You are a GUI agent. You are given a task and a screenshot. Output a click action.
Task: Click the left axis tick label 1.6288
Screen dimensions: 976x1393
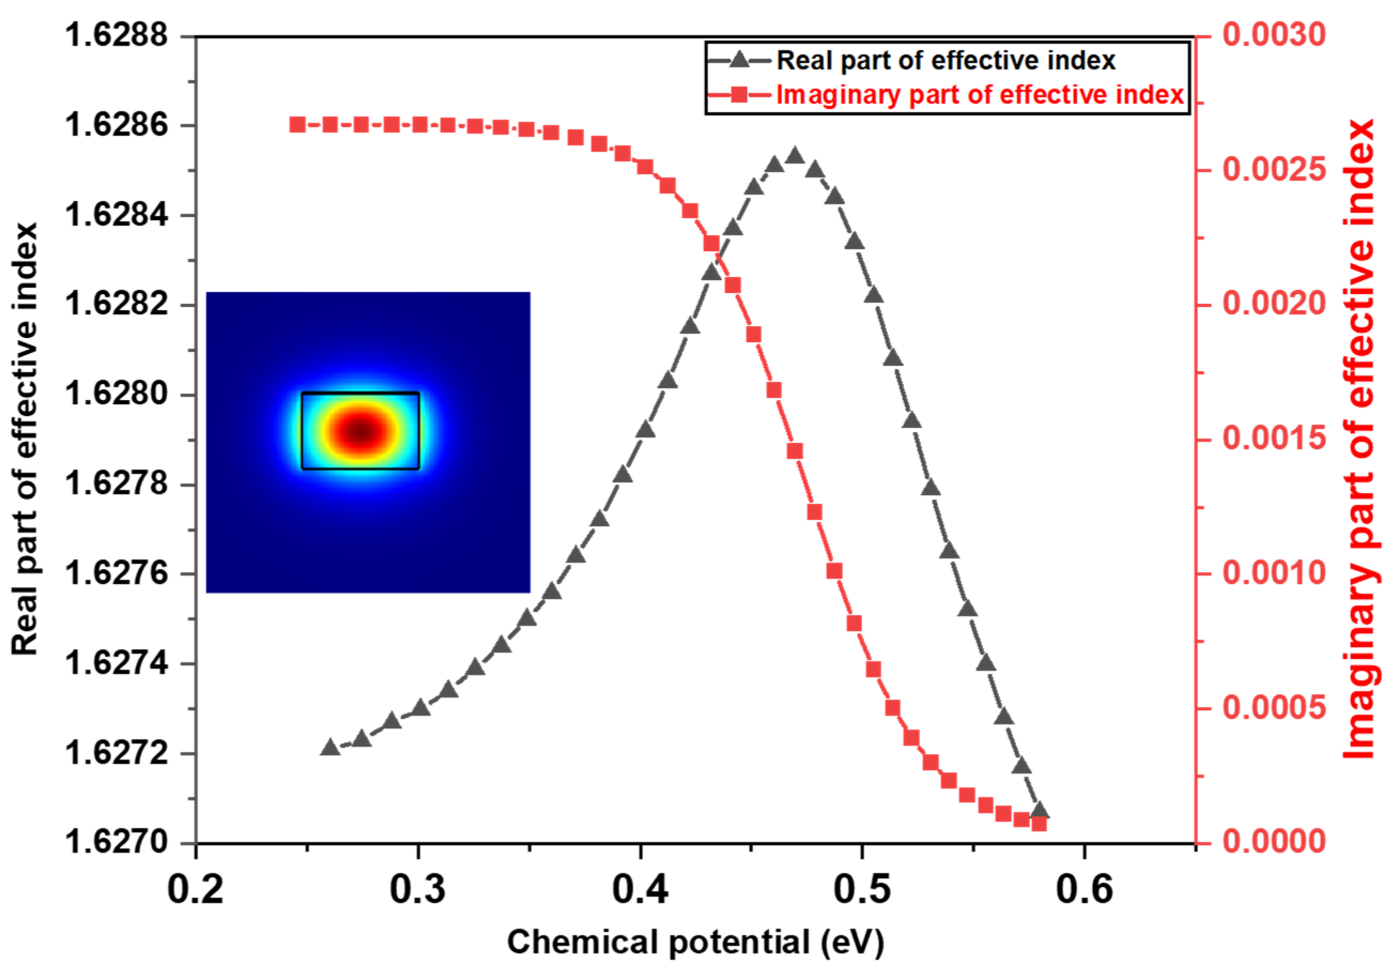click(x=116, y=35)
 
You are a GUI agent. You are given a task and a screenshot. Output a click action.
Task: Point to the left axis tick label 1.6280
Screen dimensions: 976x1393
click(x=116, y=394)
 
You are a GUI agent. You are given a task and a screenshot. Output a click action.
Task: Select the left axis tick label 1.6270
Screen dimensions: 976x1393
click(x=116, y=842)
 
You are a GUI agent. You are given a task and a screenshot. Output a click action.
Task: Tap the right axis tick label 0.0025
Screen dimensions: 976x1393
click(x=1273, y=170)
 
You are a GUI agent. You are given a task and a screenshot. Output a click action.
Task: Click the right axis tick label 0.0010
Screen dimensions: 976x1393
click(x=1273, y=573)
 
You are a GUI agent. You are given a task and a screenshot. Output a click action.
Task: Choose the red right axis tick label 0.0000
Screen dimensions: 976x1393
click(x=1273, y=842)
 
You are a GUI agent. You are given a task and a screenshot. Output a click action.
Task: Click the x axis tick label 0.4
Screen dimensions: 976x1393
click(x=639, y=890)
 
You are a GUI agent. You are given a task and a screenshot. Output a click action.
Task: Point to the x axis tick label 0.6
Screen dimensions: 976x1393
click(x=1084, y=890)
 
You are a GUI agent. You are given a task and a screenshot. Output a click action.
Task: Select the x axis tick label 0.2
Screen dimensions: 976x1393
click(x=195, y=890)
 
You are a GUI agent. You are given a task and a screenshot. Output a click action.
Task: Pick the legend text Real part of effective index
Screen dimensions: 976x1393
click(x=946, y=60)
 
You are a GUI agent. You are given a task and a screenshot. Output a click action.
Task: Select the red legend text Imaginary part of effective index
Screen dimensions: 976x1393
click(x=980, y=95)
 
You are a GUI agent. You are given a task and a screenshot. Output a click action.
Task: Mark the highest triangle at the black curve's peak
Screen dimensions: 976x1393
click(x=795, y=157)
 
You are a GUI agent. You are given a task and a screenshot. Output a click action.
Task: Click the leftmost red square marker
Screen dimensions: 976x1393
click(x=297, y=125)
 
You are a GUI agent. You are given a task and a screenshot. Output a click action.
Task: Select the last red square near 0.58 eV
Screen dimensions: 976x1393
click(x=1039, y=824)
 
